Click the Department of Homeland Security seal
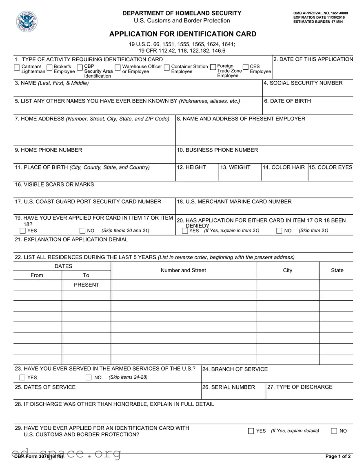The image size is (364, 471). point(27,22)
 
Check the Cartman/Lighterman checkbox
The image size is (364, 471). point(17,67)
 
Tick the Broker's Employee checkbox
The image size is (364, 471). point(49,67)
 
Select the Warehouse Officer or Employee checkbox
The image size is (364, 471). point(118,67)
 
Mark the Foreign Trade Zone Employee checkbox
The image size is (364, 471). point(213,67)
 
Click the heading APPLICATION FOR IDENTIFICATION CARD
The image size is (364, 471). point(182,34)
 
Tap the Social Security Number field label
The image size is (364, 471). point(303,83)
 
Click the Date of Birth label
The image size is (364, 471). point(287,101)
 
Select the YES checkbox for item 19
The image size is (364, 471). point(23,231)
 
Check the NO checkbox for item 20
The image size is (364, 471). point(279,231)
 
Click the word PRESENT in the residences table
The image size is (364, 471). point(86,285)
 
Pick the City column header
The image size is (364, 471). point(287,270)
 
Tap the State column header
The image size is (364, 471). point(337,270)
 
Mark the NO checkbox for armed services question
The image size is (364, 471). point(89,378)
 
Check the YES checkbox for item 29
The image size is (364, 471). point(251,431)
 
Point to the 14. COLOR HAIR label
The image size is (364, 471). point(284,167)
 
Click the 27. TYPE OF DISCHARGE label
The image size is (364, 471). point(300,387)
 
